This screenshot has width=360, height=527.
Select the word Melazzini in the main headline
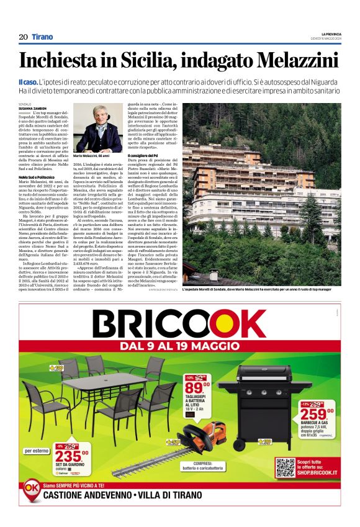pos(297,61)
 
